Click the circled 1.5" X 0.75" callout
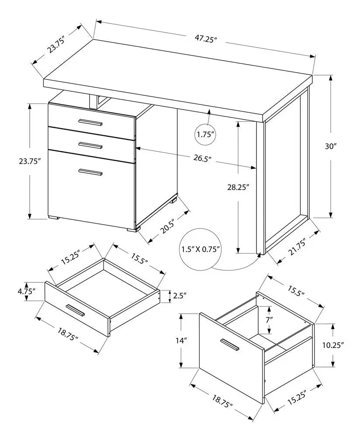[x=201, y=250]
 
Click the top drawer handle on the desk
[x=90, y=122]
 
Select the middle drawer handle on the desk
[x=90, y=144]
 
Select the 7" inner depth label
[x=270, y=319]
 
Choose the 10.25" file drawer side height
[x=334, y=345]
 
